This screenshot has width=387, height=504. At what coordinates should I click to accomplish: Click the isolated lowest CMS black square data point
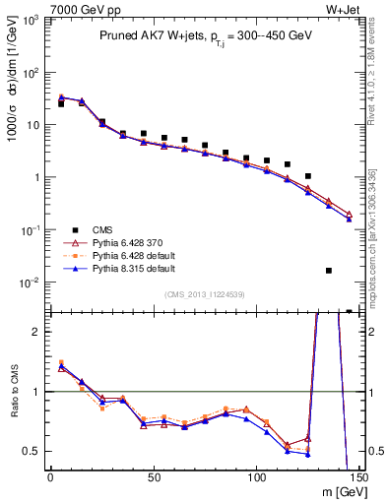[x=329, y=270]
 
